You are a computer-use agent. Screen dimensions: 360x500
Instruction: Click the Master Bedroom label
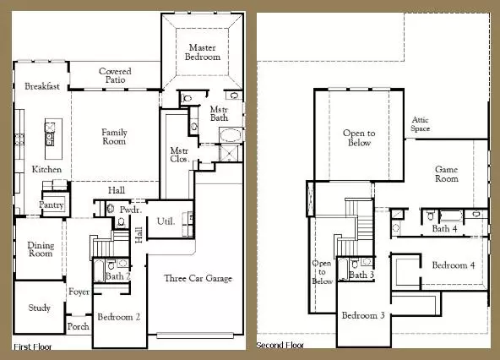[204, 52]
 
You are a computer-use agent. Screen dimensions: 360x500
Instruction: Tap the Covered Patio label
[115, 77]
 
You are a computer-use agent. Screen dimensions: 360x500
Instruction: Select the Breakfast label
[41, 87]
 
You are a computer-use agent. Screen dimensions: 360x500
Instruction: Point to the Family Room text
[114, 138]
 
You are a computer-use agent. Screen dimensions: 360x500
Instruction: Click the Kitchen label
[46, 170]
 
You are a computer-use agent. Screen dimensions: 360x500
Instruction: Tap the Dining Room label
[41, 248]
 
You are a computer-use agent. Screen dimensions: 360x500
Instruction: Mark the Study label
[39, 308]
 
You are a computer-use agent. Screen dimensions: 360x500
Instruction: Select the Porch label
[78, 326]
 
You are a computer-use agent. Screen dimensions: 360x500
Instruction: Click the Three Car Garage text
[198, 279]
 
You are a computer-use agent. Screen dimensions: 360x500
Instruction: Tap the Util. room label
[166, 221]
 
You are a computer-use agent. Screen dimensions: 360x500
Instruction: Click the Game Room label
[446, 174]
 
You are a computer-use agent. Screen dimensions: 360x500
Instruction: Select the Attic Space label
[421, 124]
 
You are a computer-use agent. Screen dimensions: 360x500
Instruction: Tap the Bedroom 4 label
[453, 265]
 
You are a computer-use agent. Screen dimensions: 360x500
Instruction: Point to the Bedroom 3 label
[363, 315]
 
